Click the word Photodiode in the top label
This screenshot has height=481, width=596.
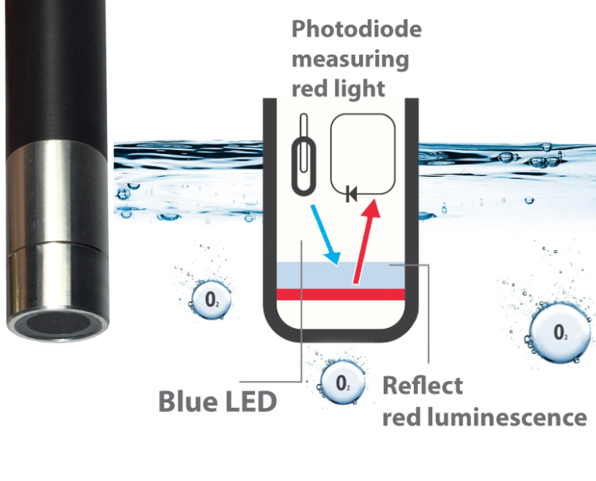tap(356, 29)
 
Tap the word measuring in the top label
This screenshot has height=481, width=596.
tap(350, 58)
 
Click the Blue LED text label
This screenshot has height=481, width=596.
tap(217, 401)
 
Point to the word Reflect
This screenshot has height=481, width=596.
tap(422, 387)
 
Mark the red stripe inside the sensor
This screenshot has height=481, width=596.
tap(342, 294)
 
